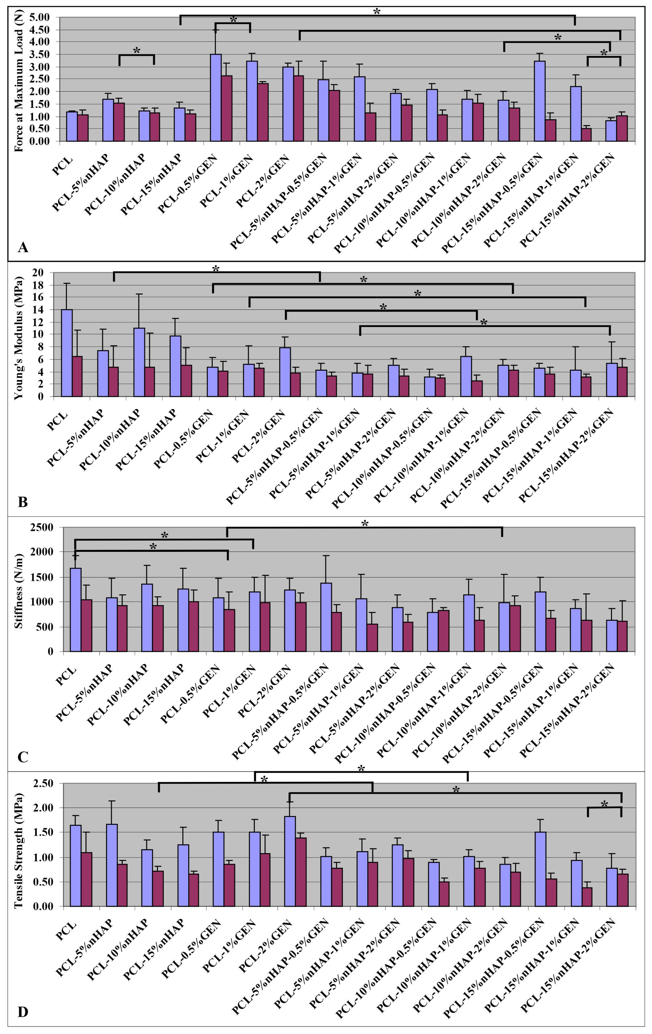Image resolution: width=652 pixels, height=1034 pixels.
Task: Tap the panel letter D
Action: tap(23, 1012)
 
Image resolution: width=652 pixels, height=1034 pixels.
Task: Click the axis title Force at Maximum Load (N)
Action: tap(19, 82)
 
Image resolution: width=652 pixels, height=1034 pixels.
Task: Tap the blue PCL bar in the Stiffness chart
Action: tap(76, 610)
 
